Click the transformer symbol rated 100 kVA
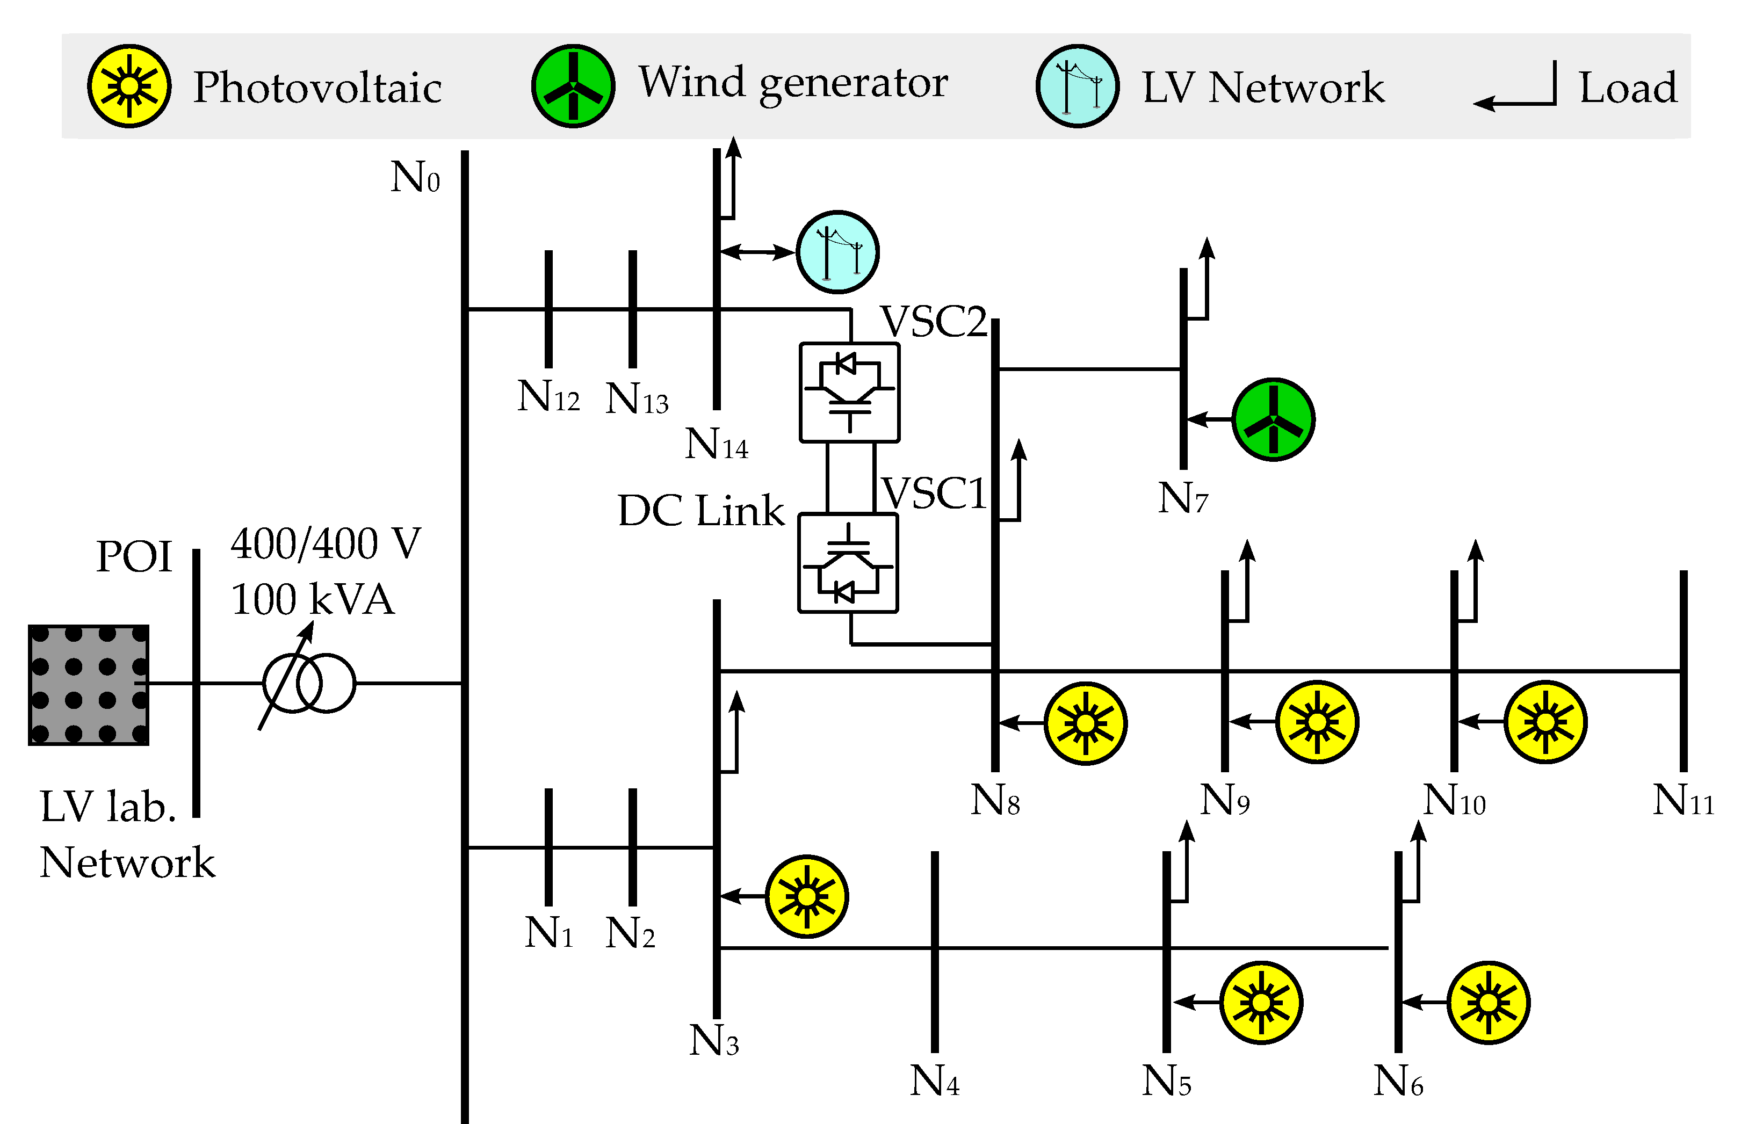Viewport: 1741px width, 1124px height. click(x=309, y=683)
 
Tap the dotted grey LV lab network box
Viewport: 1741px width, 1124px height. click(x=88, y=685)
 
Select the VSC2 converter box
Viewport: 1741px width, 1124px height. click(x=849, y=393)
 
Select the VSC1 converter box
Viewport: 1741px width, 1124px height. click(x=848, y=563)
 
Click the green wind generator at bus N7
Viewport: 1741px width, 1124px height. click(x=1273, y=419)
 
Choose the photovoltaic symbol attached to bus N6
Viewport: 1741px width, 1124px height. click(x=1487, y=1003)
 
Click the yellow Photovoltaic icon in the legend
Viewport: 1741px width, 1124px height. click(x=129, y=86)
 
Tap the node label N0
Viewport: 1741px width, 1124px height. click(x=415, y=177)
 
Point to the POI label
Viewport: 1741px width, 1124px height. click(x=134, y=557)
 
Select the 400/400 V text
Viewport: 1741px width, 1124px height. click(x=326, y=544)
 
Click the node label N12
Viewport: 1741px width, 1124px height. click(x=548, y=396)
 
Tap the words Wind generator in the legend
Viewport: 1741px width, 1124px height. click(x=793, y=83)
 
